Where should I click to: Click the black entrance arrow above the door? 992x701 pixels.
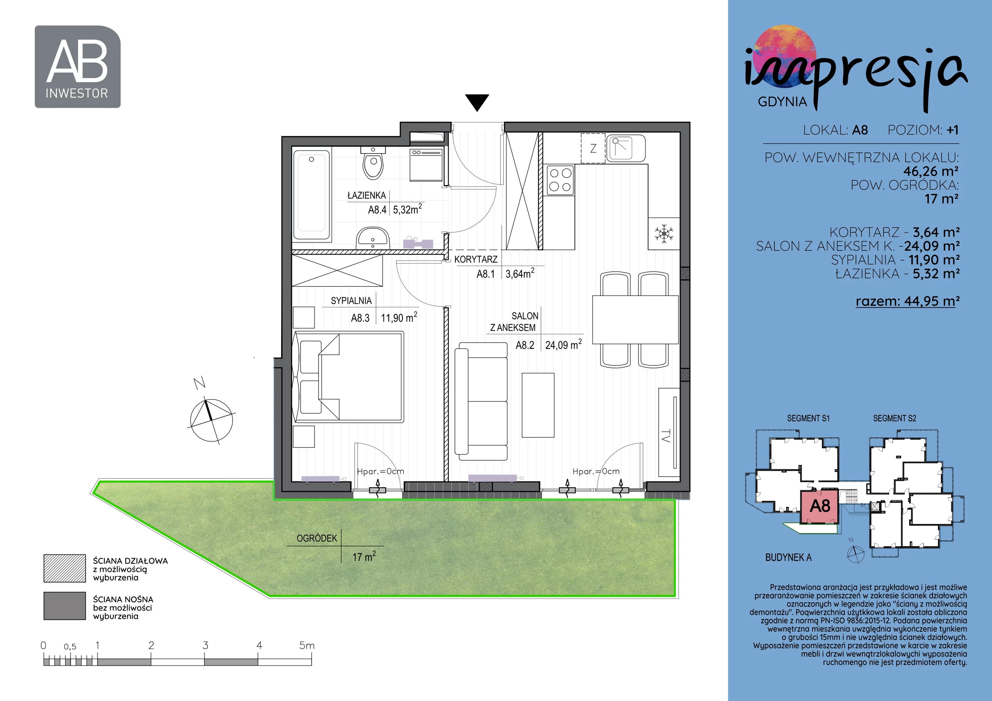(477, 102)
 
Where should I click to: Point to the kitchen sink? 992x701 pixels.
(626, 148)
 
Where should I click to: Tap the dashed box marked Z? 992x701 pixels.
(593, 148)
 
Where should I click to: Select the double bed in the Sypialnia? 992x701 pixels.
(348, 377)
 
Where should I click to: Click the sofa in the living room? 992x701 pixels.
(481, 401)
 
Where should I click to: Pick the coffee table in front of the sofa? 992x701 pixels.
(538, 405)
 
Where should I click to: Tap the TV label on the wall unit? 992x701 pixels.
(666, 435)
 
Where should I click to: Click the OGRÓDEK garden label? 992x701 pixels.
(317, 538)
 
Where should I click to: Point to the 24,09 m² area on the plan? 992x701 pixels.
(563, 344)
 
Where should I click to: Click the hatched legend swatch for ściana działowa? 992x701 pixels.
(64, 568)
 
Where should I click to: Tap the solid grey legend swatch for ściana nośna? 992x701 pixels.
(64, 606)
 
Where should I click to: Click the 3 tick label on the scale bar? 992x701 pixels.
(205, 645)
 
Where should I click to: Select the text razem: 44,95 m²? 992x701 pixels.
(907, 301)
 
